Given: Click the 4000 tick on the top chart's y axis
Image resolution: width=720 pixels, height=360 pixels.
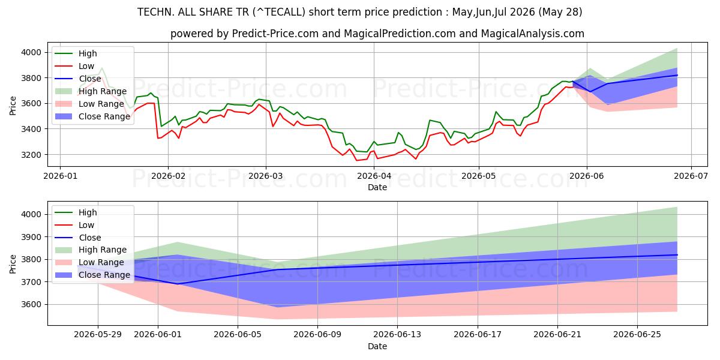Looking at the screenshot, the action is (31, 52).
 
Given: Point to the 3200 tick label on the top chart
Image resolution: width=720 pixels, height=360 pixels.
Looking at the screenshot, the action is (31, 155).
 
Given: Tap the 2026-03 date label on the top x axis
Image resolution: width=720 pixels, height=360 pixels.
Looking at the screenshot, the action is (266, 176).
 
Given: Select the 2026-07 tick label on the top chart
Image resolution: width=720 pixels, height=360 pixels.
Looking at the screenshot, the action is (691, 176).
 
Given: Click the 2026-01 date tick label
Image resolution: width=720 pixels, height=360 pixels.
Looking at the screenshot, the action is (61, 176).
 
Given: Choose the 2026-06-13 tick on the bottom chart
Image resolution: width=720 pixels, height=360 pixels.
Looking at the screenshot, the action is (397, 335).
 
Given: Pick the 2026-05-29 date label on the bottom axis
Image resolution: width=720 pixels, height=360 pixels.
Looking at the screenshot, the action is (98, 335).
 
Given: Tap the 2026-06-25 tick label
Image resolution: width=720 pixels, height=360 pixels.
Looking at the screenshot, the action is (637, 335).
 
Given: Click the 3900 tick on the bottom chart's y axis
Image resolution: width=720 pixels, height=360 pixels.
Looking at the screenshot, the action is (31, 237).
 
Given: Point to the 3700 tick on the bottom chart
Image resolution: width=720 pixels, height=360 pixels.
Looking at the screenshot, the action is (31, 282).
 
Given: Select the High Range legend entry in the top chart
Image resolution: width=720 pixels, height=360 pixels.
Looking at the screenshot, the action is (91, 91).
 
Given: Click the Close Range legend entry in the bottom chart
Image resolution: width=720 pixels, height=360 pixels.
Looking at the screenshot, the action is (92, 275).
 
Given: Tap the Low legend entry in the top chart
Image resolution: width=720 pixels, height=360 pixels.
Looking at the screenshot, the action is (74, 66).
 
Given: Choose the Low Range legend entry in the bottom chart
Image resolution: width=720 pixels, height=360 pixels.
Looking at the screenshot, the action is (89, 262).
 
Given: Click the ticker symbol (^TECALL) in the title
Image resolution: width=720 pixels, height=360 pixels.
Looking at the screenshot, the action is (279, 12).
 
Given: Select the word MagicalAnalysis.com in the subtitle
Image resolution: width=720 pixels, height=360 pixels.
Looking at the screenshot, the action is (533, 34).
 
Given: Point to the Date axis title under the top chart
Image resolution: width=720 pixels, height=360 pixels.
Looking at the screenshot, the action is (377, 187).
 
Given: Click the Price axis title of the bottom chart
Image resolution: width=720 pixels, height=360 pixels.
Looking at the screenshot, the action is (13, 264).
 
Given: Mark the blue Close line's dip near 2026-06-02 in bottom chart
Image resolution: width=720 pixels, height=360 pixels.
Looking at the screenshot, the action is (178, 284).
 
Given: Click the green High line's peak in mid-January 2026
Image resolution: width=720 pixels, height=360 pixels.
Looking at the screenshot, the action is (102, 68).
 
